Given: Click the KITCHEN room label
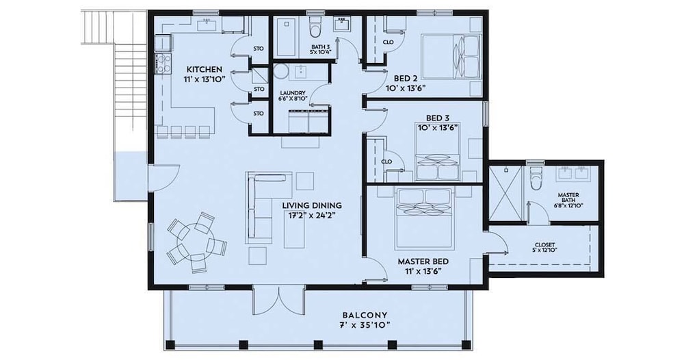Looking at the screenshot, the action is tap(204, 69).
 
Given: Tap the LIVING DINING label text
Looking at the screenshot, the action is tap(311, 205).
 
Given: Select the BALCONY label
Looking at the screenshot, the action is tap(365, 315).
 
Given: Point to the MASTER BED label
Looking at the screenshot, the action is tap(423, 262).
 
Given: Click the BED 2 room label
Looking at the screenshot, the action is tap(405, 79).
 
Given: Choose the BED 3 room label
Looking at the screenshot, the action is tap(438, 118).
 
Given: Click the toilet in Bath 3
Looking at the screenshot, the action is tap(314, 27).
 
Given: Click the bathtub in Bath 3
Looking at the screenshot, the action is tap(287, 37).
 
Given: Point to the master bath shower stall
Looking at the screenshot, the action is tap(505, 194).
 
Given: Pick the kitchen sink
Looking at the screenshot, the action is tap(209, 25).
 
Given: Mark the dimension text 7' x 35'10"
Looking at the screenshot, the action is tap(365, 325).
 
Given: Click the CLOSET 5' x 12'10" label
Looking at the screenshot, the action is tap(545, 248).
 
